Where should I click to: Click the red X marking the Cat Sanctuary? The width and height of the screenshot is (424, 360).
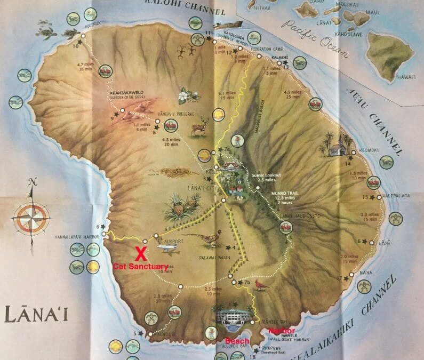pos(140,251)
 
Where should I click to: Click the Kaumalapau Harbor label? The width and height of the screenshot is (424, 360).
pos(77,236)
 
